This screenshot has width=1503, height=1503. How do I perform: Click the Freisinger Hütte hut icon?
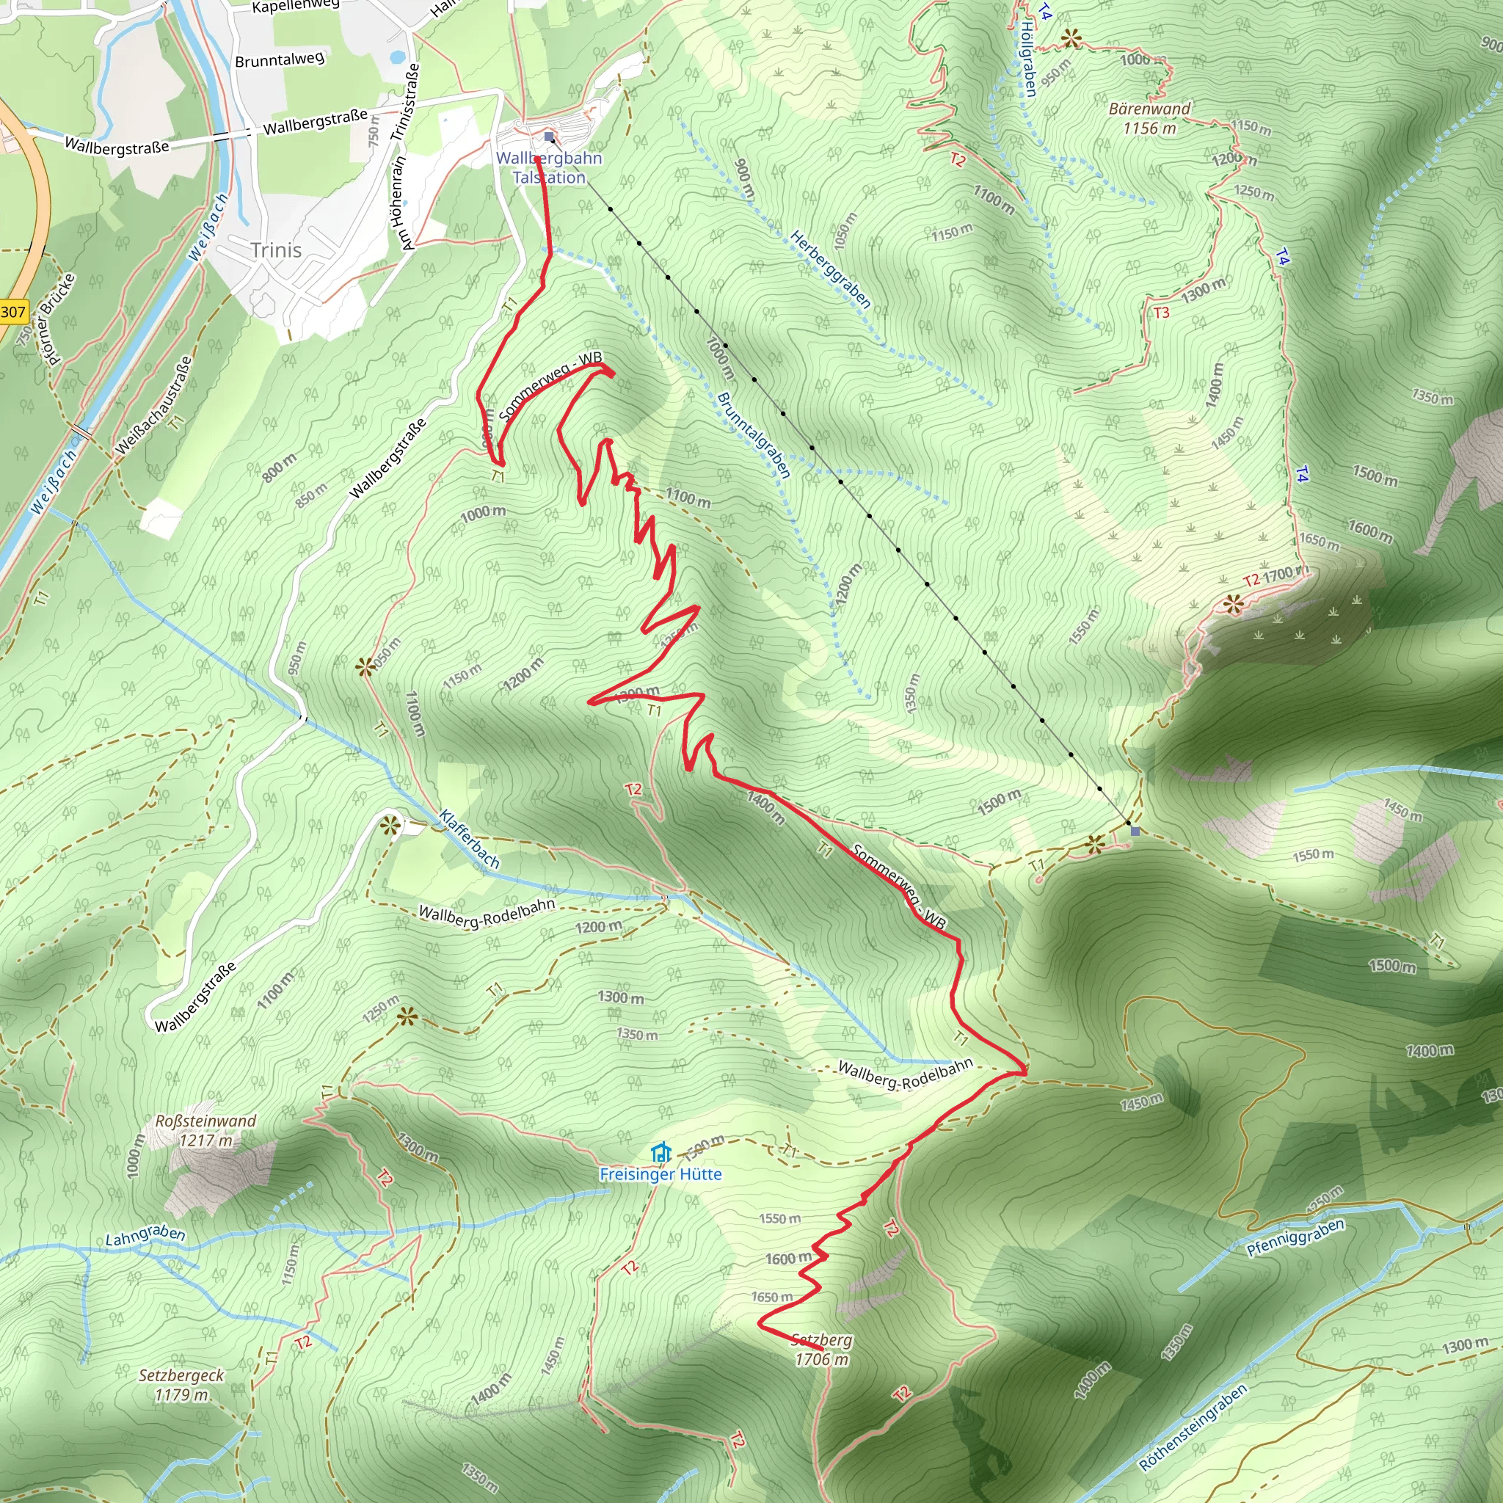click(661, 1152)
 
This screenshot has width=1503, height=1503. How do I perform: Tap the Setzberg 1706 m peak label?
click(821, 1350)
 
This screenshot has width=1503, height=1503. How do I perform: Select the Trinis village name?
click(276, 250)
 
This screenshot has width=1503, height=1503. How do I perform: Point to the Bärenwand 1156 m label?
click(1149, 118)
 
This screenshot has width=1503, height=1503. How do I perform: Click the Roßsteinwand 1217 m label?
click(205, 1130)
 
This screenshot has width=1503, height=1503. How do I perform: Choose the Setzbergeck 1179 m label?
click(181, 1385)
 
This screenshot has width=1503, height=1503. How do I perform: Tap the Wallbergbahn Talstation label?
click(549, 167)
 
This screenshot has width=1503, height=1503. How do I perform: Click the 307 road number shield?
click(12, 313)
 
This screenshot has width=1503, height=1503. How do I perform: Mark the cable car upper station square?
click(1135, 831)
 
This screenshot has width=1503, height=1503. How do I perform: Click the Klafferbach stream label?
click(469, 840)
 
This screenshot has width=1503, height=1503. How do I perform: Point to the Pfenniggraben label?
click(1295, 1237)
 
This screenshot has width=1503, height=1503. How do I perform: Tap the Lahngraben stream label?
click(145, 1235)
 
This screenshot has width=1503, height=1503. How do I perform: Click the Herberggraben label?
click(830, 269)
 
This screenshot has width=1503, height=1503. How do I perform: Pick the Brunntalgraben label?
click(753, 434)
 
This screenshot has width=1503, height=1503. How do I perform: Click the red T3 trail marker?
click(1162, 313)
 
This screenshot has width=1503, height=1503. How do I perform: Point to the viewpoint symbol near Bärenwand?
click(1072, 37)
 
